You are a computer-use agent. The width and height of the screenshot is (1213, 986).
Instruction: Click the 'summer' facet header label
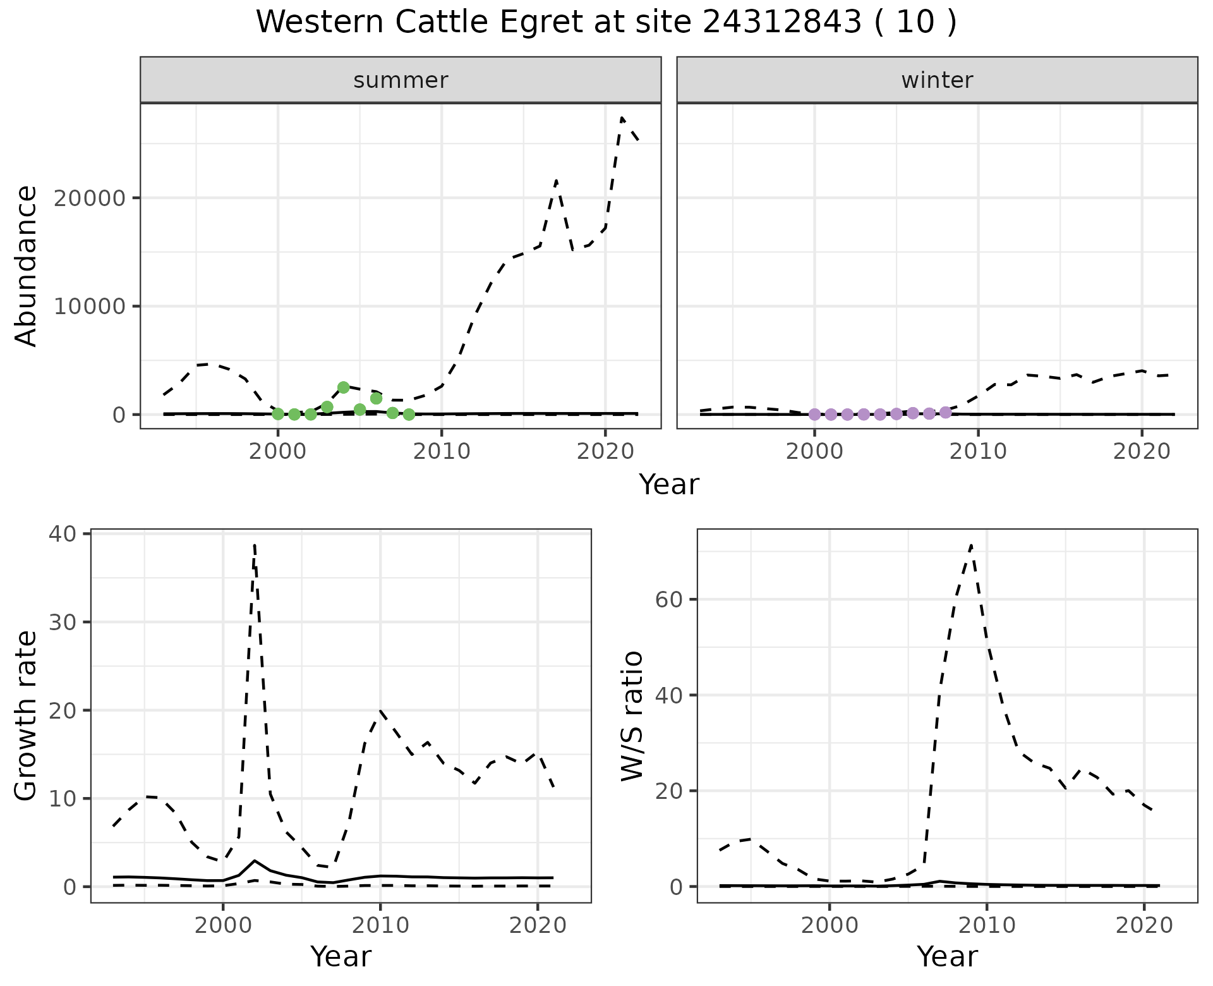[401, 80]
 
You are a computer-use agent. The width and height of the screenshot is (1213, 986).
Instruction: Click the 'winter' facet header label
[937, 80]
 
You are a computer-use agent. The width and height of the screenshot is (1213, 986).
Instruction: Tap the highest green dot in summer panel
[344, 387]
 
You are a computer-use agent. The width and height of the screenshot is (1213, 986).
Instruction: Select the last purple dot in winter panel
[946, 412]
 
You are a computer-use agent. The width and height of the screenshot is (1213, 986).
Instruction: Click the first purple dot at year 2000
[815, 415]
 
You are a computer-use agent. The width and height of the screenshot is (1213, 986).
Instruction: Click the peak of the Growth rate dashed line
[254, 545]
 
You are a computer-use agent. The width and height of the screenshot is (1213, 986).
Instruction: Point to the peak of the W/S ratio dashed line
[971, 545]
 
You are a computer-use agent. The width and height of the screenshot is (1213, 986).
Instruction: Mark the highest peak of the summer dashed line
[622, 118]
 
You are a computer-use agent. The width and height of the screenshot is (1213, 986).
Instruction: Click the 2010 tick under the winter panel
[978, 451]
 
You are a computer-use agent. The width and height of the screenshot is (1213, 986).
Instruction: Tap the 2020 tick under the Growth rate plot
[537, 925]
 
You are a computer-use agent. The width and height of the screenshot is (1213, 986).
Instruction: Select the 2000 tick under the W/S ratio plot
[830, 925]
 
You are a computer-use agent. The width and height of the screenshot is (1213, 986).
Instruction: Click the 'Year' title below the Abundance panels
[669, 485]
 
